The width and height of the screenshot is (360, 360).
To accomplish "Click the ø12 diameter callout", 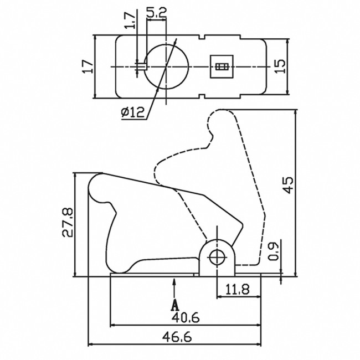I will [x=132, y=112].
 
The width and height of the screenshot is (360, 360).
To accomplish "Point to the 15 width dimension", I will [x=281, y=66].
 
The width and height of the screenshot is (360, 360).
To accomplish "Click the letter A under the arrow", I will [x=175, y=304].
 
